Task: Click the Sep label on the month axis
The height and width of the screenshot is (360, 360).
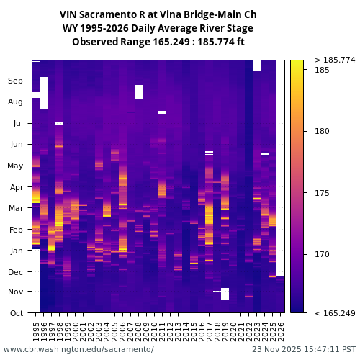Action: coord(15,81)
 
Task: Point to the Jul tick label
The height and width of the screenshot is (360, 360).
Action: coord(17,124)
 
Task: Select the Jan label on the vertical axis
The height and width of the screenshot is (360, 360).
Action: coord(16,251)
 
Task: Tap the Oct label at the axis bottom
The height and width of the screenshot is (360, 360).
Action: coord(16,313)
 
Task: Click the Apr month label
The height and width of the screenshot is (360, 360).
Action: coord(16,187)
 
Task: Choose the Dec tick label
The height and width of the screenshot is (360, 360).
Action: coord(15,272)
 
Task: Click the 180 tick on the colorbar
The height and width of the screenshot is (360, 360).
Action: coord(322,131)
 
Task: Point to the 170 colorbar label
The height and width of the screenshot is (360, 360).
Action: coord(322,254)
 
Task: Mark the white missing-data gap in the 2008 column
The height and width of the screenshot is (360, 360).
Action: coord(138,91)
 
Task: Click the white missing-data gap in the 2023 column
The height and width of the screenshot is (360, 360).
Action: coord(256,65)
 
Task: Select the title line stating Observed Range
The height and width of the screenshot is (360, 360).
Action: coord(158,42)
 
